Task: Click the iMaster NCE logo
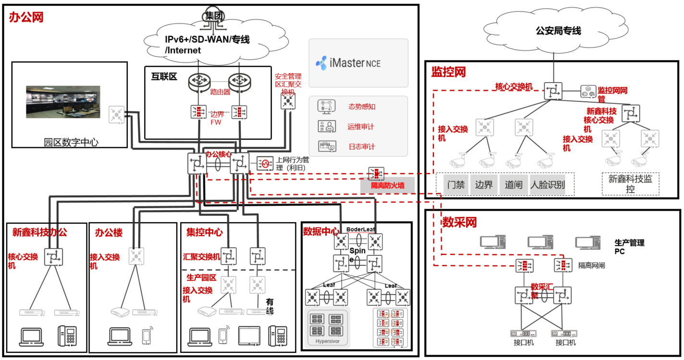coord(348,63)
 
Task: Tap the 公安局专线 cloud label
coord(558,31)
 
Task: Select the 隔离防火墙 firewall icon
coord(376,173)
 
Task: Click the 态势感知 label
coord(362,107)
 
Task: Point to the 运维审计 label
coord(361,127)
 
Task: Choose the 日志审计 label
coord(362,147)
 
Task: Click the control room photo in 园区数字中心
coord(63,102)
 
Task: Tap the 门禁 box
coord(456,185)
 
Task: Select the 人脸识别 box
coord(547,185)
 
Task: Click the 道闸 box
coord(513,185)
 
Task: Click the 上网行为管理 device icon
coord(264,164)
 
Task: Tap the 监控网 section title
coord(449,72)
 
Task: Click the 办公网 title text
coord(26,18)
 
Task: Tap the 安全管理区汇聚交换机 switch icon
coord(288,100)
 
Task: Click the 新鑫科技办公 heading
coord(40,232)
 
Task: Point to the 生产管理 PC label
coord(629,247)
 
